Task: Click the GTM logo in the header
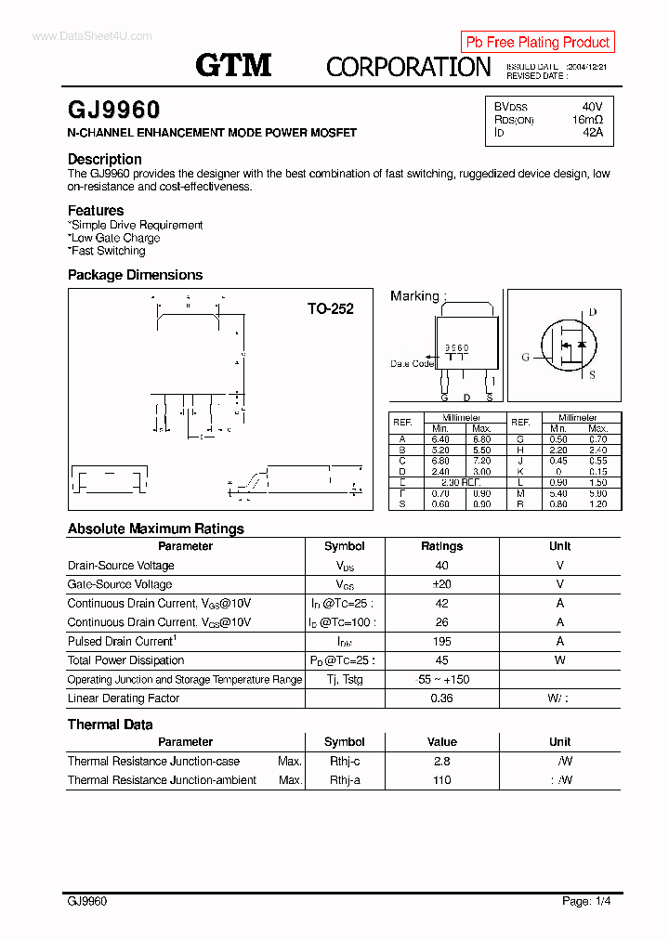coord(233,64)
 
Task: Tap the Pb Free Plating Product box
coord(537,42)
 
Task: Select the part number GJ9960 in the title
coord(113,111)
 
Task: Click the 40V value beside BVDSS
coord(592,107)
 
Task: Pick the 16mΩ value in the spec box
coord(587,120)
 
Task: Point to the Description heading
coord(105,159)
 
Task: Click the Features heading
coord(96,210)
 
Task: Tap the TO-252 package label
coord(330,308)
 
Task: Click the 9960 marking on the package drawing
coord(456,347)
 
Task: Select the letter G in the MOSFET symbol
coord(526,357)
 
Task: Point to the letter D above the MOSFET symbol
coord(593,312)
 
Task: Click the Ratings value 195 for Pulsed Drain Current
coord(441,642)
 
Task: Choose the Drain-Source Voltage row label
coord(121,566)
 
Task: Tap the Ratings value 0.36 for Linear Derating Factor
coord(441,698)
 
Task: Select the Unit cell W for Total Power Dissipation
coord(559,660)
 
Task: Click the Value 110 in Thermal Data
coord(441,780)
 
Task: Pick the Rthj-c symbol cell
coord(345,762)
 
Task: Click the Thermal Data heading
coord(110,725)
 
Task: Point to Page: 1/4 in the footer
coord(586,901)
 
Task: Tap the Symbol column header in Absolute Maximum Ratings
coord(345,546)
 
